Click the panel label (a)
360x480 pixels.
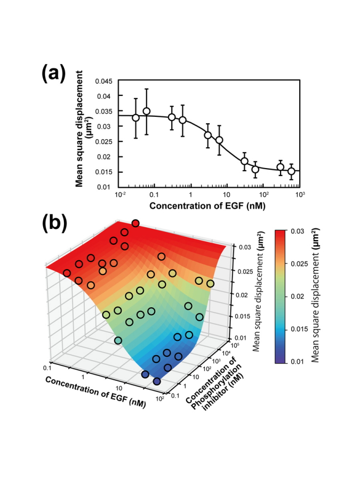(x=54, y=74)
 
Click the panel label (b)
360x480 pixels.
(x=54, y=223)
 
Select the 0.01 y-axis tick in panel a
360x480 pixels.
(x=108, y=187)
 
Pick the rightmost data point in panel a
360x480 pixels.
(x=291, y=171)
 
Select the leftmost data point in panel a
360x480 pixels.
(x=136, y=117)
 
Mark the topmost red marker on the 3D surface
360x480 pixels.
(x=135, y=223)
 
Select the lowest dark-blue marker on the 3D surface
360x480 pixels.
(x=157, y=381)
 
